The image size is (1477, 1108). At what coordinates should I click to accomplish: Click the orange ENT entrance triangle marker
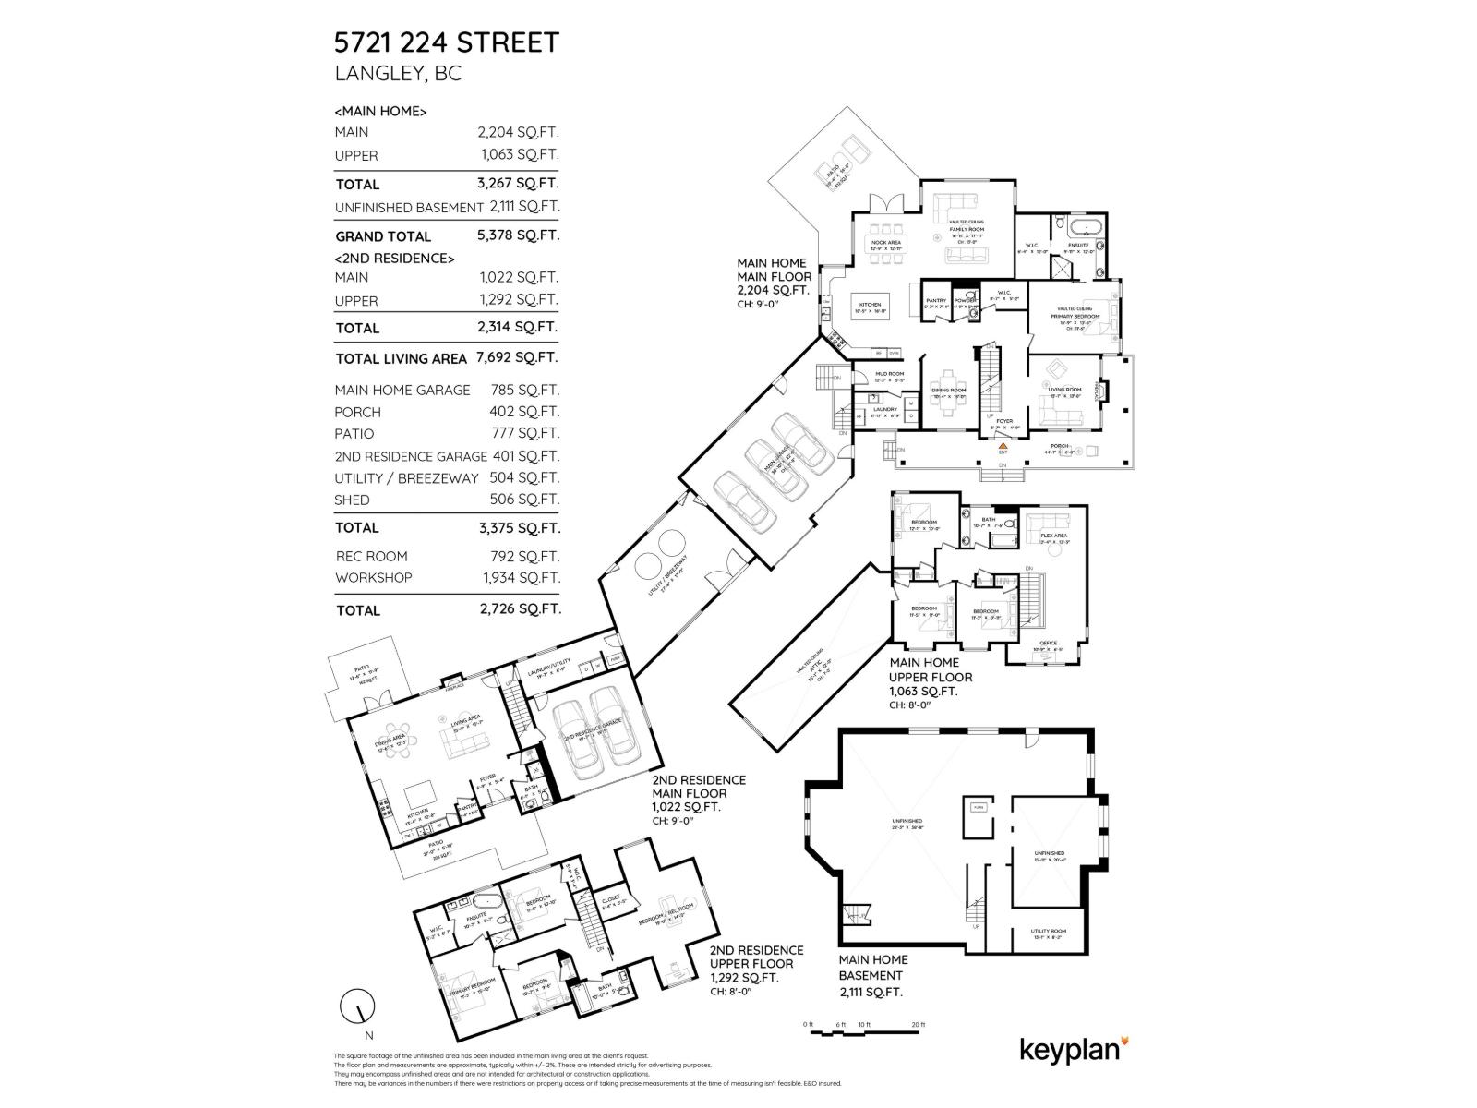[1003, 445]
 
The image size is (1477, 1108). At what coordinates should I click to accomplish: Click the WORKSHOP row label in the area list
[373, 578]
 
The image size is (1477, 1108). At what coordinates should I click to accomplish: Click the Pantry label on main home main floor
[936, 300]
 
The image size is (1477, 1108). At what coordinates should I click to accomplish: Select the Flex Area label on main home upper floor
[1053, 536]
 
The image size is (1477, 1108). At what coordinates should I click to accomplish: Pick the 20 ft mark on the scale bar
[919, 1025]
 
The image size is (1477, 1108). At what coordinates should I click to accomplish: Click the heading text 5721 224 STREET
[446, 42]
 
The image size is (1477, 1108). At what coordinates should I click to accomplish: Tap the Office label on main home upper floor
[1048, 643]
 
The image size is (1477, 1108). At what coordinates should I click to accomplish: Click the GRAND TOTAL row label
[382, 236]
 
